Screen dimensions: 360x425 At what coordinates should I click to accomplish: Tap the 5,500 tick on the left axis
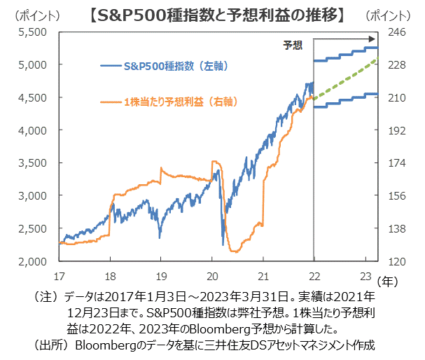[34, 32]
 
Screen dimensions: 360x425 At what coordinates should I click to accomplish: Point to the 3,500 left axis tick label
[34, 163]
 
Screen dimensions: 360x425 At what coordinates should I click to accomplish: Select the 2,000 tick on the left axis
[34, 262]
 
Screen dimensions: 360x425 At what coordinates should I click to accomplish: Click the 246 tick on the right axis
[396, 32]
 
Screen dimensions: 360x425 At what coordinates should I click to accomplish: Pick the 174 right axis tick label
[396, 163]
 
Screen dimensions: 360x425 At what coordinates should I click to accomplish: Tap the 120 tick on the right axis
[396, 262]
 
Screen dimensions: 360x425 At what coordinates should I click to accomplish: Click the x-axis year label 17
[60, 275]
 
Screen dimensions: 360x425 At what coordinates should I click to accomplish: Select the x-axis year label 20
[211, 275]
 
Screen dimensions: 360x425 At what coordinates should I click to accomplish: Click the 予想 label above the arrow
[293, 46]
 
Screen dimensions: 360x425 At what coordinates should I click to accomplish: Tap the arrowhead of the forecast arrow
[374, 41]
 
